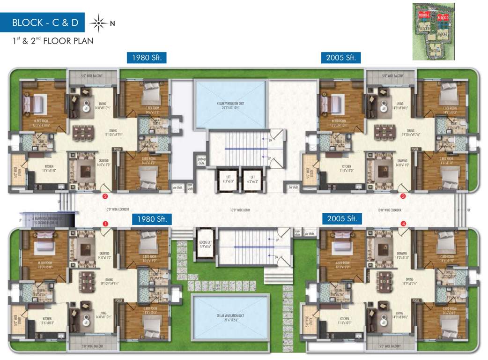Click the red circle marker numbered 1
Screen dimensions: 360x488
pyautogui.click(x=105, y=224)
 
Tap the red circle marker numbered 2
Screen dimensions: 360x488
pyautogui.click(x=105, y=196)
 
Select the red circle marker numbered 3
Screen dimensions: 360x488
pyautogui.click(x=403, y=196)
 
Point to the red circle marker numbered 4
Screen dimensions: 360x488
pyautogui.click(x=404, y=224)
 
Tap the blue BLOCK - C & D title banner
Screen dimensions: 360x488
pyautogui.click(x=45, y=22)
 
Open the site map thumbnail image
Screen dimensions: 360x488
pyautogui.click(x=433, y=31)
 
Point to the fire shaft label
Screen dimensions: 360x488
pyautogui.click(x=294, y=187)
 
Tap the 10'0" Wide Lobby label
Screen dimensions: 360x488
pyautogui.click(x=240, y=210)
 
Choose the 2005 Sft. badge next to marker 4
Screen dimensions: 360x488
pyautogui.click(x=342, y=219)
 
